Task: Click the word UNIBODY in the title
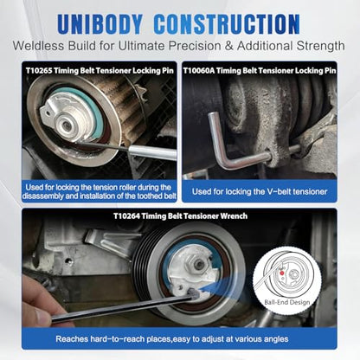(x=100, y=24)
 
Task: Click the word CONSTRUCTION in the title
(x=227, y=24)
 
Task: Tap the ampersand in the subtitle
(x=228, y=46)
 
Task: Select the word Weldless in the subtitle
(x=38, y=46)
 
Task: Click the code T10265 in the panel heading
(x=39, y=71)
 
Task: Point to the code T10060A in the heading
(x=199, y=71)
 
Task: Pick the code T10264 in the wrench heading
(x=126, y=216)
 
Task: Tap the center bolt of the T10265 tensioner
(x=67, y=125)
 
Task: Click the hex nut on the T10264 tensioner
(x=199, y=264)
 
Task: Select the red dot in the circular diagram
(x=282, y=273)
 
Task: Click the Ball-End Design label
(x=286, y=302)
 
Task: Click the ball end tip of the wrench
(x=193, y=293)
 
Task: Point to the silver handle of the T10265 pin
(x=152, y=152)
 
